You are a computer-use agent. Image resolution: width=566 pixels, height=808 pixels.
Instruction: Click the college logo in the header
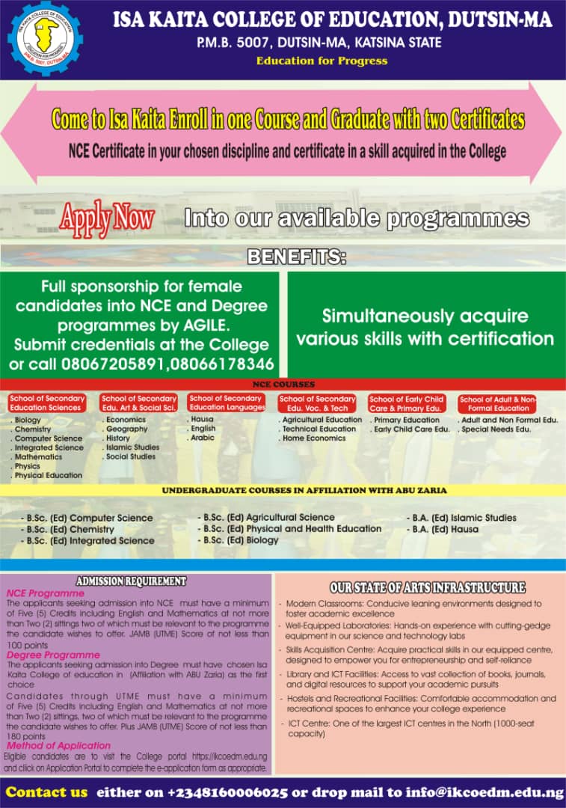pos(45,38)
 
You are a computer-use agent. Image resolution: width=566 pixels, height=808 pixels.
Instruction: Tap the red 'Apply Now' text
pos(107,218)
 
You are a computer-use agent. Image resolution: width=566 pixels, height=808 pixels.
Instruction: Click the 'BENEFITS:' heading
pos(297,257)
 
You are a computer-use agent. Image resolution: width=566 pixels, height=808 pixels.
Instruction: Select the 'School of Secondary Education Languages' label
pos(227,403)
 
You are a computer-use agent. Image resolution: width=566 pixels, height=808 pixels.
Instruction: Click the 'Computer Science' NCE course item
pos(49,438)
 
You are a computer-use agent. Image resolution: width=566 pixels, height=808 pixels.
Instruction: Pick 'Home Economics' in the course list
pos(314,438)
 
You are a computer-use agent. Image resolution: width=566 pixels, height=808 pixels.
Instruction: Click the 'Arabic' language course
pos(203,438)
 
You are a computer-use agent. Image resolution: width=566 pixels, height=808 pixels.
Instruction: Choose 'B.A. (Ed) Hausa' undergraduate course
pos(445,529)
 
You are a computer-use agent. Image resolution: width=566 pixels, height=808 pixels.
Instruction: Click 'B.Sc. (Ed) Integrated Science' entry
pos(90,541)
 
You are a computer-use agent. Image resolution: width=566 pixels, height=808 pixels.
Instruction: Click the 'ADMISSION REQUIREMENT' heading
pos(131,581)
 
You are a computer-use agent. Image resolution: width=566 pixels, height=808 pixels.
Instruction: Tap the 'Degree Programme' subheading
pos(53,655)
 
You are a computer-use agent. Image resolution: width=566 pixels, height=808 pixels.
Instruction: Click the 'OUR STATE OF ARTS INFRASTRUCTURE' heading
pos(427,587)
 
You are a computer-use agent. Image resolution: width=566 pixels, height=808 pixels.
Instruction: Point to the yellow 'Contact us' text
pos(46,792)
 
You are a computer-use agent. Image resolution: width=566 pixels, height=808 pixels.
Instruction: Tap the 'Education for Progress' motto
pos(322,61)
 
